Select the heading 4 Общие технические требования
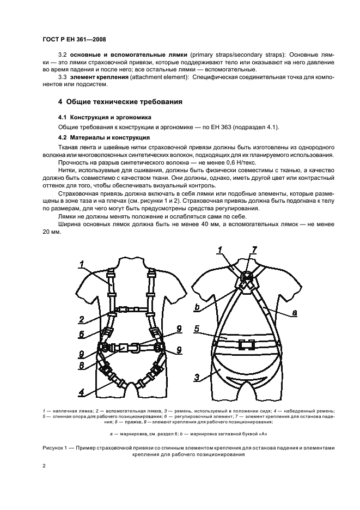[x=120, y=102]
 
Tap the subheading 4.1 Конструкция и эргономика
[x=105, y=117]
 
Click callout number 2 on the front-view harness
[x=81, y=319]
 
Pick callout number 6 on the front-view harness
[x=81, y=335]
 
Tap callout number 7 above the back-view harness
[x=254, y=250]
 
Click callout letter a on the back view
[x=295, y=313]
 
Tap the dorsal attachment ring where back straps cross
[x=246, y=279]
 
